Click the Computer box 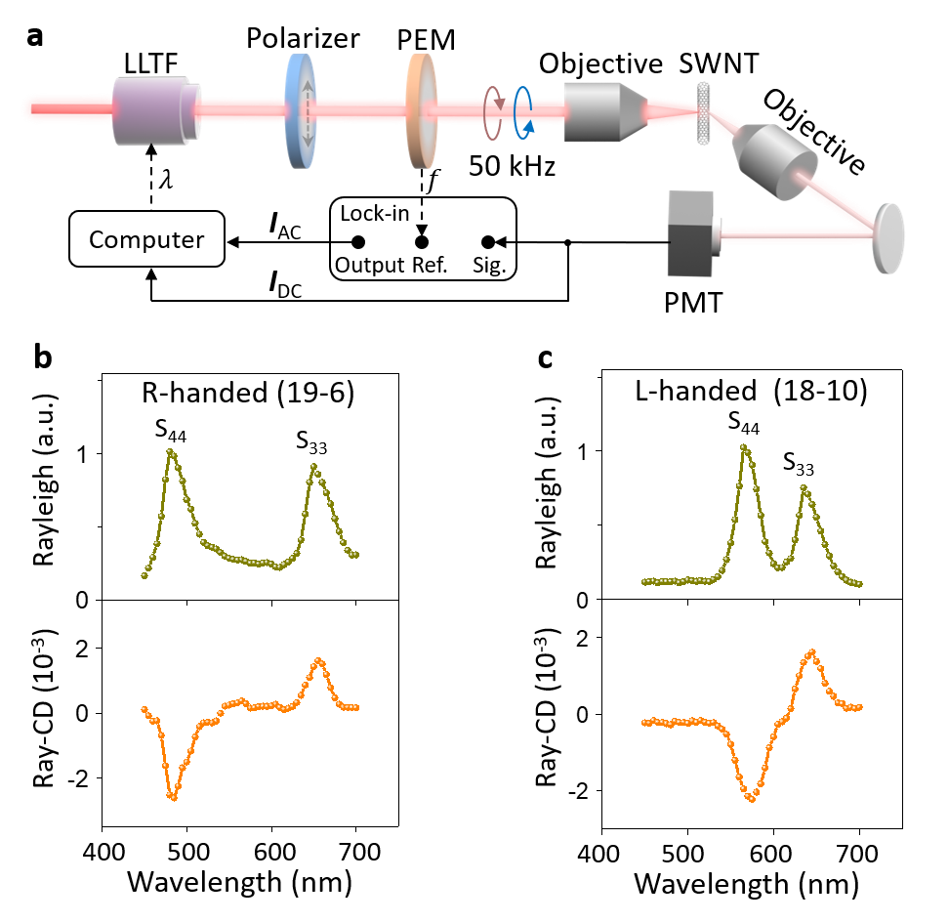tap(146, 239)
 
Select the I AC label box tap(284, 221)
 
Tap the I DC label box tap(284, 278)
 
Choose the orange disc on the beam tap(422, 110)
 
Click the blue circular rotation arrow tap(524, 113)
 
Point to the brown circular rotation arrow tap(495, 113)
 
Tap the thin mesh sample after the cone tap(704, 113)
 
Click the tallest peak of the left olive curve tap(171, 451)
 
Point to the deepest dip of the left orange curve tap(173, 798)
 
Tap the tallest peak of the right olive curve tap(744, 447)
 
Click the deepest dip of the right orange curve tap(751, 799)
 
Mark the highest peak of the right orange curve tap(812, 651)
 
